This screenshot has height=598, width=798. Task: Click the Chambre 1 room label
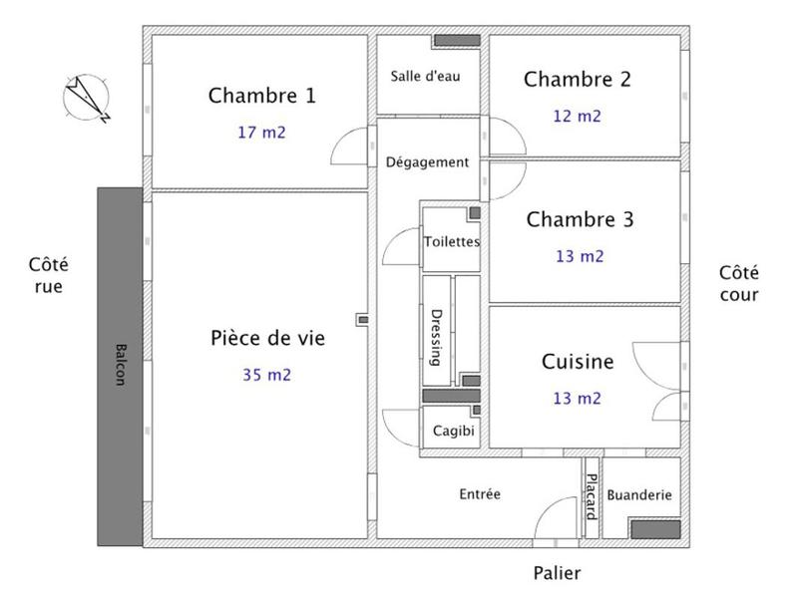[261, 96]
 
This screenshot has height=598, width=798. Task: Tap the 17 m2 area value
[261, 132]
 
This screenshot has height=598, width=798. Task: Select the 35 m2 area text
[266, 375]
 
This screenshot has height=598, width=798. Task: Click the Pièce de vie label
[267, 338]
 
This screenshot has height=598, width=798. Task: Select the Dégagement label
[427, 161]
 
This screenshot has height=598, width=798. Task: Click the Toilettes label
[452, 241]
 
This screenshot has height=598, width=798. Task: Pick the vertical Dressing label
[436, 337]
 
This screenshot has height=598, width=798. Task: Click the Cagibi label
[454, 433]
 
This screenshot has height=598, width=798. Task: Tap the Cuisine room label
[578, 362]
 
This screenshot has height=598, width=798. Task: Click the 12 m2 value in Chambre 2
[578, 116]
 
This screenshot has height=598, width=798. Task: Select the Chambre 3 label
[580, 219]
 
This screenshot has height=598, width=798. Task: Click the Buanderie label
[639, 494]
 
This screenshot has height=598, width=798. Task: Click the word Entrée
[479, 494]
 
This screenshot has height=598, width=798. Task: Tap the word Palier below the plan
[557, 573]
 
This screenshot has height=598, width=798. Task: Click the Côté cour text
[739, 283]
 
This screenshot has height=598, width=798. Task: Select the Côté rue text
[49, 276]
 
